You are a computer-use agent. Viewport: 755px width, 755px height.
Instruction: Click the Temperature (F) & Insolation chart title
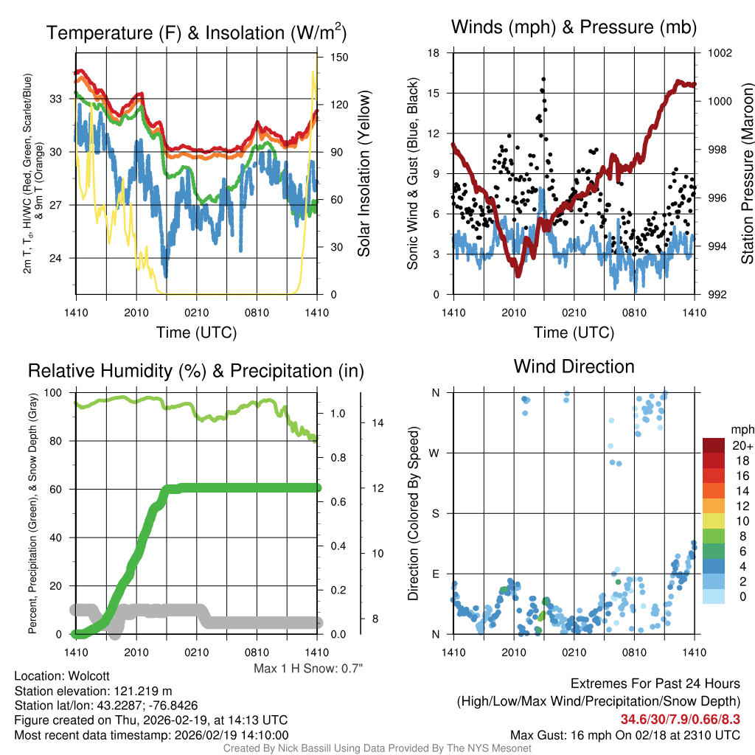coord(196,32)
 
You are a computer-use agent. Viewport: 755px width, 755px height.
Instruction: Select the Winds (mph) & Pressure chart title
coord(574,28)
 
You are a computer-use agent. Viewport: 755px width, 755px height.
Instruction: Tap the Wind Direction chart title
coord(574,366)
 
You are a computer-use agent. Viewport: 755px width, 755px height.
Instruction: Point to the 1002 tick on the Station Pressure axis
coord(719,53)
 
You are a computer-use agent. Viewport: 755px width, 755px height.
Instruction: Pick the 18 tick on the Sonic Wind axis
coord(434,53)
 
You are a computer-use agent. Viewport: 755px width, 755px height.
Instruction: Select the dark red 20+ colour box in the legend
coord(713,445)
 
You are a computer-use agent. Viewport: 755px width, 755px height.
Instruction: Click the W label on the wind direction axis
coord(435,453)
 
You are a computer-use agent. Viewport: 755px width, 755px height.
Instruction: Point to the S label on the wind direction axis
coord(435,513)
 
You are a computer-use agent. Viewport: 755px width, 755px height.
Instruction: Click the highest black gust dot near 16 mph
coord(543,79)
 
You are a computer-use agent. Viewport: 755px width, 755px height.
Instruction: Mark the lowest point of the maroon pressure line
coord(518,274)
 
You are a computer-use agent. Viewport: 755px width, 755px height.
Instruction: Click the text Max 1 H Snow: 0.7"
coord(308,669)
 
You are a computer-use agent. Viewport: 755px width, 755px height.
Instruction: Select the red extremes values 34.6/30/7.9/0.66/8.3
coord(680,719)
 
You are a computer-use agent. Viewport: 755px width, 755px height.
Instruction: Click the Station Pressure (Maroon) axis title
coord(747,174)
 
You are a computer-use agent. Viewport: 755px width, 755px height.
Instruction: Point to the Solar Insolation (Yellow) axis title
coord(363,174)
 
